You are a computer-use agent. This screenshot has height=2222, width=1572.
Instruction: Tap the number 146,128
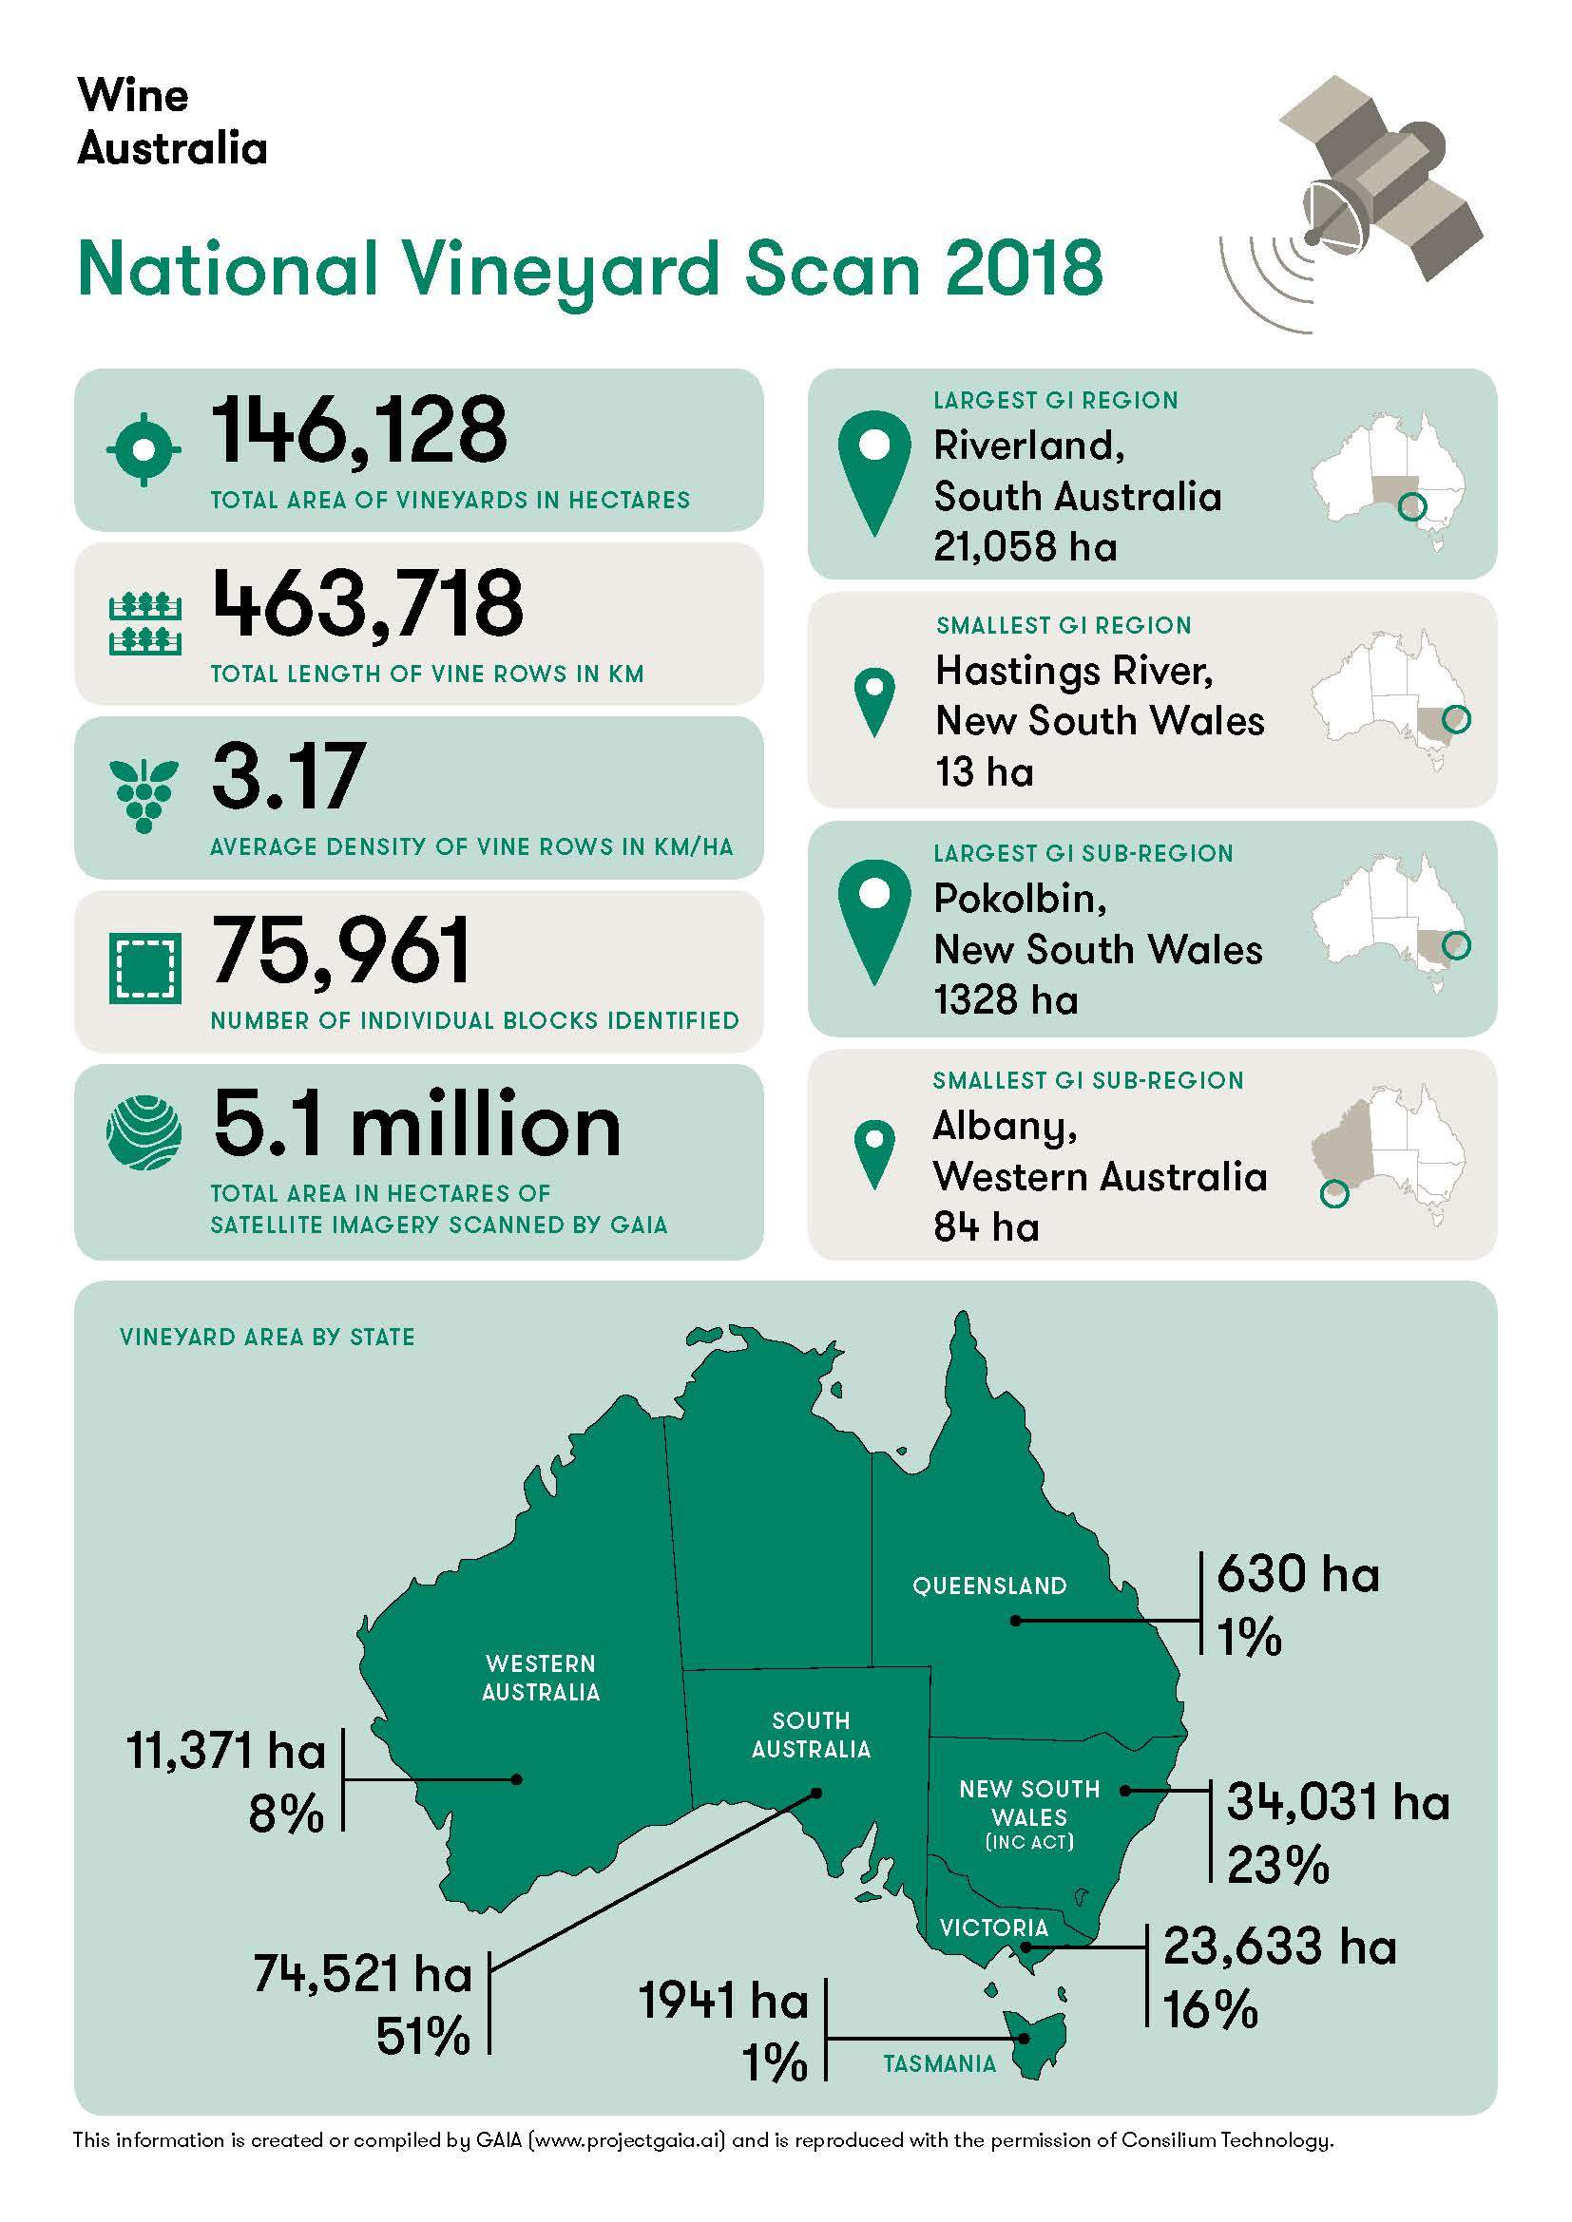click(x=359, y=430)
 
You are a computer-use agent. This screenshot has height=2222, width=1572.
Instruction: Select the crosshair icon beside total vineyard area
click(x=144, y=449)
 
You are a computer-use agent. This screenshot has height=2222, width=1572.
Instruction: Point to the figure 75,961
click(x=342, y=951)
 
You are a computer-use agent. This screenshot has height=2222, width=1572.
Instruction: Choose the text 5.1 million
click(x=416, y=1126)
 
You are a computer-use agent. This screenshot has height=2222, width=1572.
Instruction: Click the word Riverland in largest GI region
click(x=1027, y=446)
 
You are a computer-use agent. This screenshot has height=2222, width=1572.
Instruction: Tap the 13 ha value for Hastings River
click(x=984, y=772)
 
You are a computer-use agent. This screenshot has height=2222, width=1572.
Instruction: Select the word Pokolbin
click(x=1019, y=899)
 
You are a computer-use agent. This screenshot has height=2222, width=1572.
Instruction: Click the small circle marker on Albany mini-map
click(x=1333, y=1195)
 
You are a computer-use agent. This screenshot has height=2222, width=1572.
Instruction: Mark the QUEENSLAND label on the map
click(x=989, y=1586)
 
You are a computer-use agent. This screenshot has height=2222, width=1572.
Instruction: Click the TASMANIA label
click(x=939, y=2065)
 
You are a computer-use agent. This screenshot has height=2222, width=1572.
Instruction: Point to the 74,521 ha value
click(x=362, y=1974)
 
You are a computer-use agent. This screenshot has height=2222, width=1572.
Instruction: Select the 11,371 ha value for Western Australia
click(x=226, y=1751)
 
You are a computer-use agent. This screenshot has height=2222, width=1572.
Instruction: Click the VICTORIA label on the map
click(x=993, y=1928)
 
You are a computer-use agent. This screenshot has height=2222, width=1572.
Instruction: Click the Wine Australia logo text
click(x=171, y=122)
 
